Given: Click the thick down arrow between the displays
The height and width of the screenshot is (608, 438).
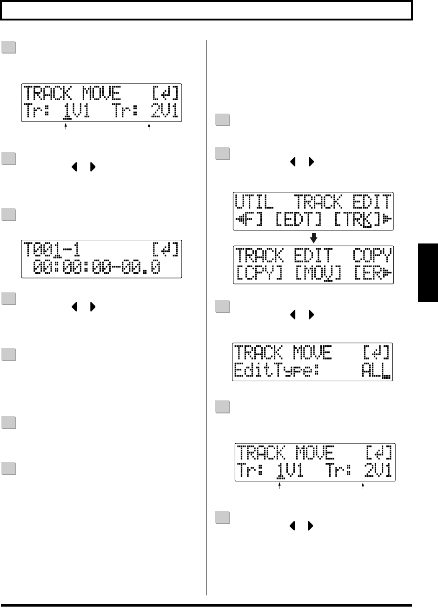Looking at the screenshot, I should pos(314,237).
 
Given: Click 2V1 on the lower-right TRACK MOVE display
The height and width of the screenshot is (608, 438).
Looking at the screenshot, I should pos(379,471).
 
